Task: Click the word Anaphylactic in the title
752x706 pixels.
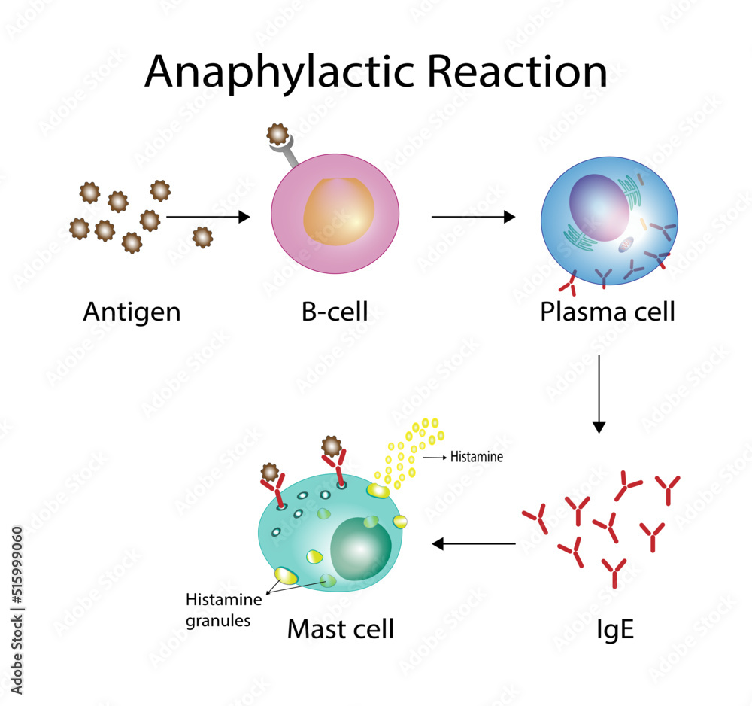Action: [278, 73]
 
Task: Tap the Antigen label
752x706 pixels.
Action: [132, 312]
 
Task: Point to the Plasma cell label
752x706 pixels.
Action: [607, 312]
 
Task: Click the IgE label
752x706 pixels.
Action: [614, 629]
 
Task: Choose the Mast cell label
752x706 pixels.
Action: [340, 629]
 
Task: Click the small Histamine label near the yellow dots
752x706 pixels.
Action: [476, 456]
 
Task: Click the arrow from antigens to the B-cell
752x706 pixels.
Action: [207, 217]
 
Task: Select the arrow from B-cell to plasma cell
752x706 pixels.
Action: [473, 217]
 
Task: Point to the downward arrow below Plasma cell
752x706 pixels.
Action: [599, 393]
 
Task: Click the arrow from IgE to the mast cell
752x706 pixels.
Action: [473, 543]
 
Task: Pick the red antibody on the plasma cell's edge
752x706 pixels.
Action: [569, 285]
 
